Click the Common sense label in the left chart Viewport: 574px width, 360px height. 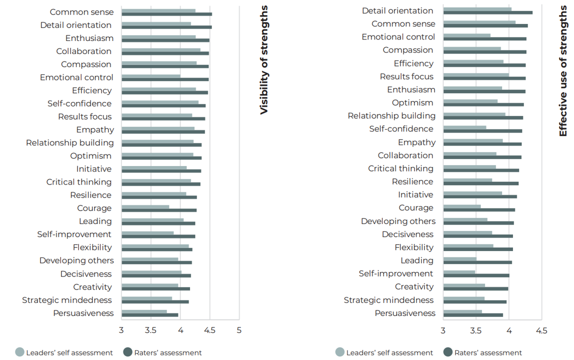pyautogui.click(x=81, y=12)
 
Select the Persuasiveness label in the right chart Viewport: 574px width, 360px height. pyautogui.click(x=405, y=313)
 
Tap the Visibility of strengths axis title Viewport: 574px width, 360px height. pyautogui.click(x=264, y=60)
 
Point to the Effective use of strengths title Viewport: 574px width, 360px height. pyautogui.click(x=563, y=70)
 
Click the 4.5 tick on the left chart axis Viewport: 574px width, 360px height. pyautogui.click(x=210, y=330)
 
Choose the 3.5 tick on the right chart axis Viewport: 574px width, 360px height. pyautogui.click(x=476, y=330)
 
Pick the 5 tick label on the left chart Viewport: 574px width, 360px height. pyautogui.click(x=239, y=330)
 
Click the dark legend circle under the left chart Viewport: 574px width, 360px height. pyautogui.click(x=128, y=352)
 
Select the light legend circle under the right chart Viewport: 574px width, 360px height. pyautogui.click(x=340, y=352)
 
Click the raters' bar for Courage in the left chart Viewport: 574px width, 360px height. pyautogui.click(x=159, y=210)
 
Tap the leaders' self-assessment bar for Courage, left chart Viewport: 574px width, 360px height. pyautogui.click(x=145, y=206)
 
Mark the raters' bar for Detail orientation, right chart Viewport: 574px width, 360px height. pyautogui.click(x=488, y=12)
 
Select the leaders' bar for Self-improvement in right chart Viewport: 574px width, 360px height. pyautogui.click(x=459, y=272)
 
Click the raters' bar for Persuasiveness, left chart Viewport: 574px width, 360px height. pyautogui.click(x=150, y=315)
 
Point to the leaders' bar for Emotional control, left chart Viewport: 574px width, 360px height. pyautogui.click(x=151, y=76)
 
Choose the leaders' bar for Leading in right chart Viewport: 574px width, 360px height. pyautogui.click(x=460, y=258)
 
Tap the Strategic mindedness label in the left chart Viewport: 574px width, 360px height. pyautogui.click(x=67, y=300)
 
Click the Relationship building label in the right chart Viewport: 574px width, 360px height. pyautogui.click(x=391, y=115)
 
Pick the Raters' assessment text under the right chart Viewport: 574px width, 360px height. pyautogui.click(x=488, y=352)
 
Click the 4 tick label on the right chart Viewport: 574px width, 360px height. pyautogui.click(x=509, y=330)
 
